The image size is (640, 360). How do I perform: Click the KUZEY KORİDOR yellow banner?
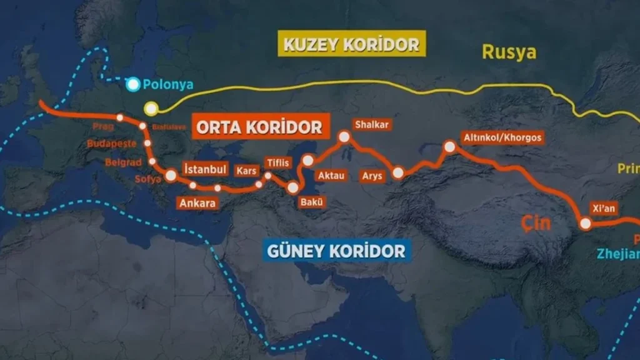pyautogui.click(x=351, y=44)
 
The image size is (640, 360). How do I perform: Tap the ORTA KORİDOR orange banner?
pyautogui.click(x=259, y=127)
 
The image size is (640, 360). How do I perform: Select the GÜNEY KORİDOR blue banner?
pyautogui.click(x=337, y=251)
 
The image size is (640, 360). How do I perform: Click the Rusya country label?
pyautogui.click(x=509, y=52)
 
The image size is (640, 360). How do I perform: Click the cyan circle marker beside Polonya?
pyautogui.click(x=133, y=85)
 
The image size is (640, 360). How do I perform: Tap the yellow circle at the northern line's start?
pyautogui.click(x=150, y=109)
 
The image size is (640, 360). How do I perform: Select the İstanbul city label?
pyautogui.click(x=205, y=169)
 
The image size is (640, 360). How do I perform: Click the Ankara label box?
pyautogui.click(x=197, y=202)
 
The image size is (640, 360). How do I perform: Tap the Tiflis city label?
pyautogui.click(x=278, y=162)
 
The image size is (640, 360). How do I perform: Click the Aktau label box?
pyautogui.click(x=331, y=176)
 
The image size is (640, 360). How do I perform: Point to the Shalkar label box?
pyautogui.click(x=372, y=124)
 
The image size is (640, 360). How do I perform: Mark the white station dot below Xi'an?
pyautogui.click(x=586, y=224)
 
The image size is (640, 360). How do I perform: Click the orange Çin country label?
pyautogui.click(x=535, y=222)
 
